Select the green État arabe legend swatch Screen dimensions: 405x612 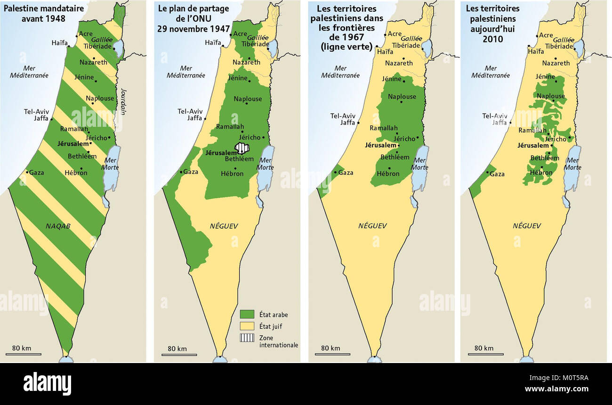coord(247,314)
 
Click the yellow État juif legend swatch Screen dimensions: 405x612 coord(247,326)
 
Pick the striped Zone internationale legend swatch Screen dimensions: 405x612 coord(247,338)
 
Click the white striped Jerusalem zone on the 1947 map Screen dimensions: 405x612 coord(242,148)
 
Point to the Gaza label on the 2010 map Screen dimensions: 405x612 coord(497,174)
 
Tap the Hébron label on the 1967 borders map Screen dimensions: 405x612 coord(388,174)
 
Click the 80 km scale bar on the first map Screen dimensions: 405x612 coord(23,354)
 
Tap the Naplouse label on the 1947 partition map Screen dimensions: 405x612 coord(248,99)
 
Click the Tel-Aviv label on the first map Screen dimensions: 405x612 coord(36,112)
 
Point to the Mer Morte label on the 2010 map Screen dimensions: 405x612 coord(572,164)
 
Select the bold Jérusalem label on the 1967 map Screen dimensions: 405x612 coord(380,145)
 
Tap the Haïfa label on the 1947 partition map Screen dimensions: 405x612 coord(213,42)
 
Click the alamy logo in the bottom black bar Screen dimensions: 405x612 coord(47,383)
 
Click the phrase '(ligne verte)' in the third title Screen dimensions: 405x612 coord(346,47)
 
